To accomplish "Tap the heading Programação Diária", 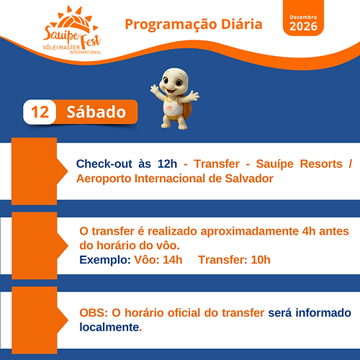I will (194, 24).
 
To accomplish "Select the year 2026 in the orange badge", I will (302, 27).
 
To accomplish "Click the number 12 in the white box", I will (40, 113).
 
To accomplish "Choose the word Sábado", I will (96, 113).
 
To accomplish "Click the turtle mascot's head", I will (175, 82).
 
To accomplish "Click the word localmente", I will (109, 327).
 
